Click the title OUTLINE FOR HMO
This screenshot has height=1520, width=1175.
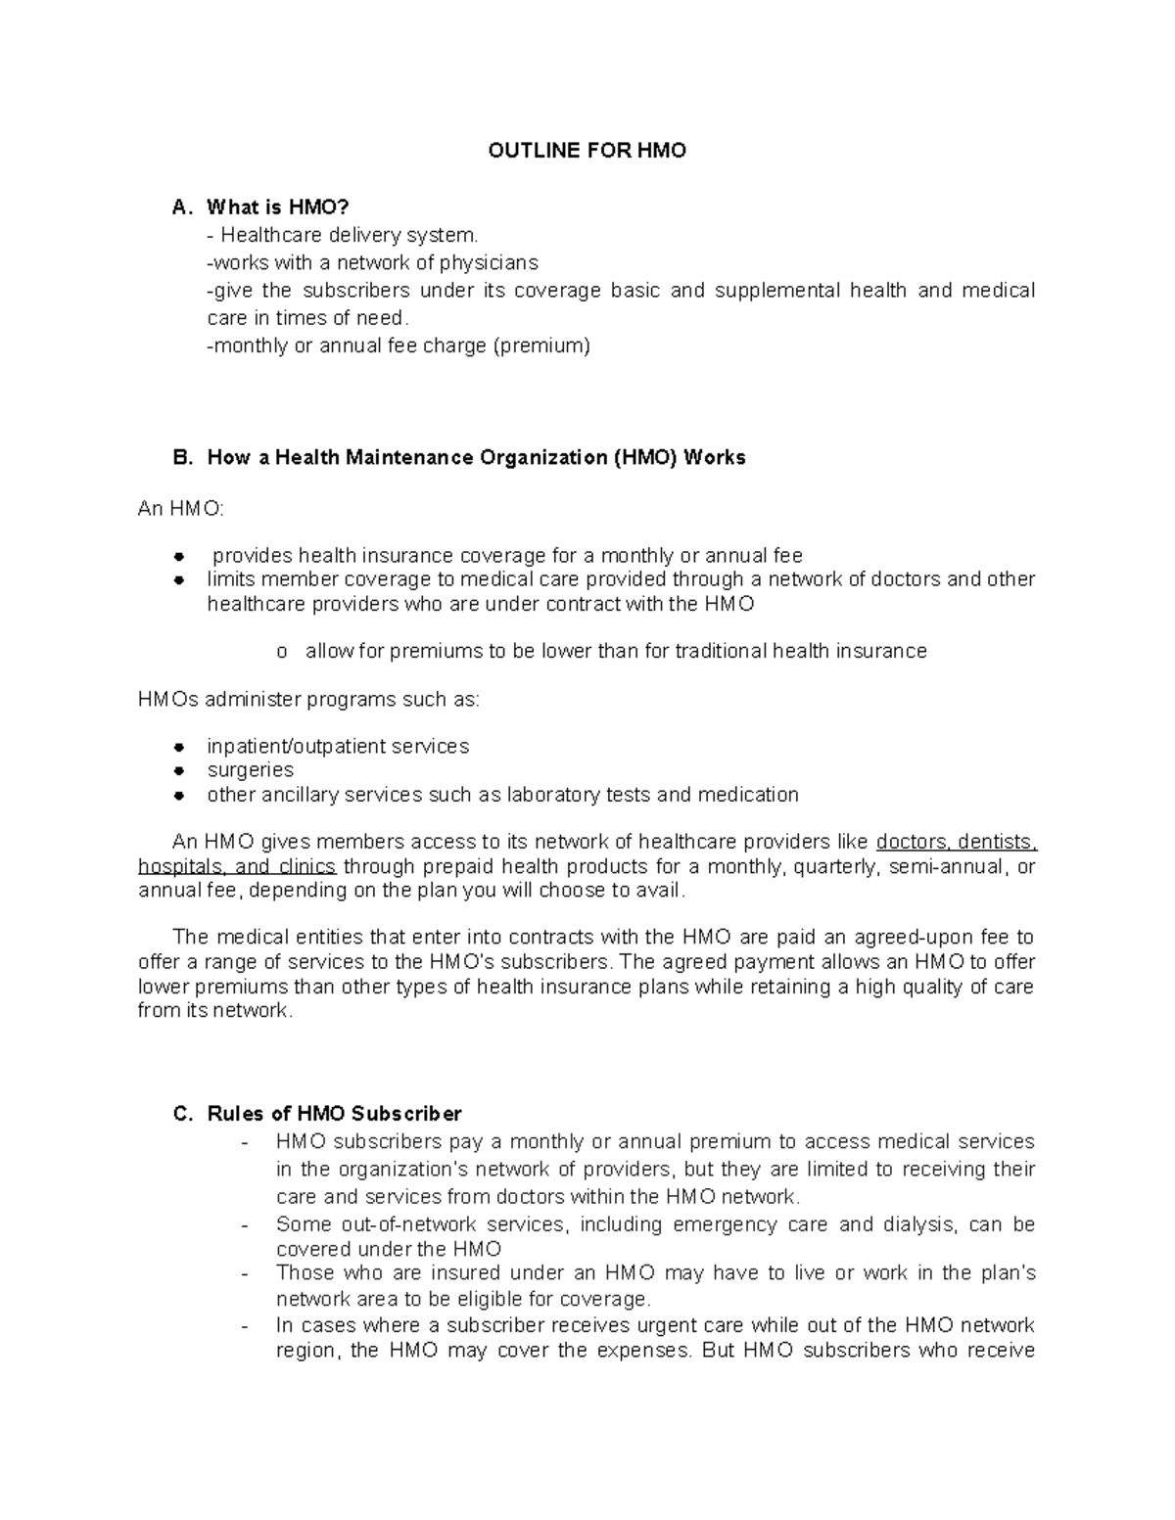587,151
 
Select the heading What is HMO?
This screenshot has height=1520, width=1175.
277,207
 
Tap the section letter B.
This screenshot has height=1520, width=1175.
178,458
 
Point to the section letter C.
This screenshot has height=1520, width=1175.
178,1114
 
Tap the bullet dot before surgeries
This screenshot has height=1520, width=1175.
179,771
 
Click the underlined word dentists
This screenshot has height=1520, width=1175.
997,843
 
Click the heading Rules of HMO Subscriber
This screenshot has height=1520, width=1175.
334,1114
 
